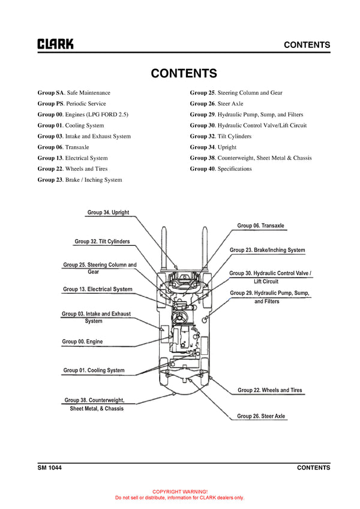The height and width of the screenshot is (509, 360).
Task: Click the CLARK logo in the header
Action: (x=55, y=44)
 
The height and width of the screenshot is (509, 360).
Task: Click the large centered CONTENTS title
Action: (x=184, y=73)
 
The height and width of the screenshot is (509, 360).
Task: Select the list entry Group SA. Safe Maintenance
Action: (x=74, y=93)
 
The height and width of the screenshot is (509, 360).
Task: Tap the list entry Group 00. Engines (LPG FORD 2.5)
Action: (x=83, y=115)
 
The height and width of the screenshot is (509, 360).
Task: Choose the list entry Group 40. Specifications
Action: (x=221, y=169)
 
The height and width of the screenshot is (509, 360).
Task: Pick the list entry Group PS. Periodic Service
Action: (x=71, y=104)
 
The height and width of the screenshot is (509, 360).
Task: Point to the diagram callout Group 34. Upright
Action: (x=108, y=212)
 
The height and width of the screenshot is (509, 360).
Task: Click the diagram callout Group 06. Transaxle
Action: (x=260, y=225)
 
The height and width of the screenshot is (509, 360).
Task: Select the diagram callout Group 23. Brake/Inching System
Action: (x=267, y=249)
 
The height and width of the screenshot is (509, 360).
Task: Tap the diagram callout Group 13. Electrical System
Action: (x=97, y=289)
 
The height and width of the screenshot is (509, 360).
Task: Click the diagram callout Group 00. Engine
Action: (x=82, y=342)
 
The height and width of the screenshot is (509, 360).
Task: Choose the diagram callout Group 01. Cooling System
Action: (x=94, y=371)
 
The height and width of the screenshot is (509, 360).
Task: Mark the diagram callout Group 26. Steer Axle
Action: (x=261, y=416)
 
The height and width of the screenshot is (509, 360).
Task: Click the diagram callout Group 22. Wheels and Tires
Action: (x=269, y=390)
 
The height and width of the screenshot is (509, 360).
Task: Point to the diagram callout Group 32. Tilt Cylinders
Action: (x=102, y=242)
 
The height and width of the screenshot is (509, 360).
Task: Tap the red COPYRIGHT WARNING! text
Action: (x=179, y=491)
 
